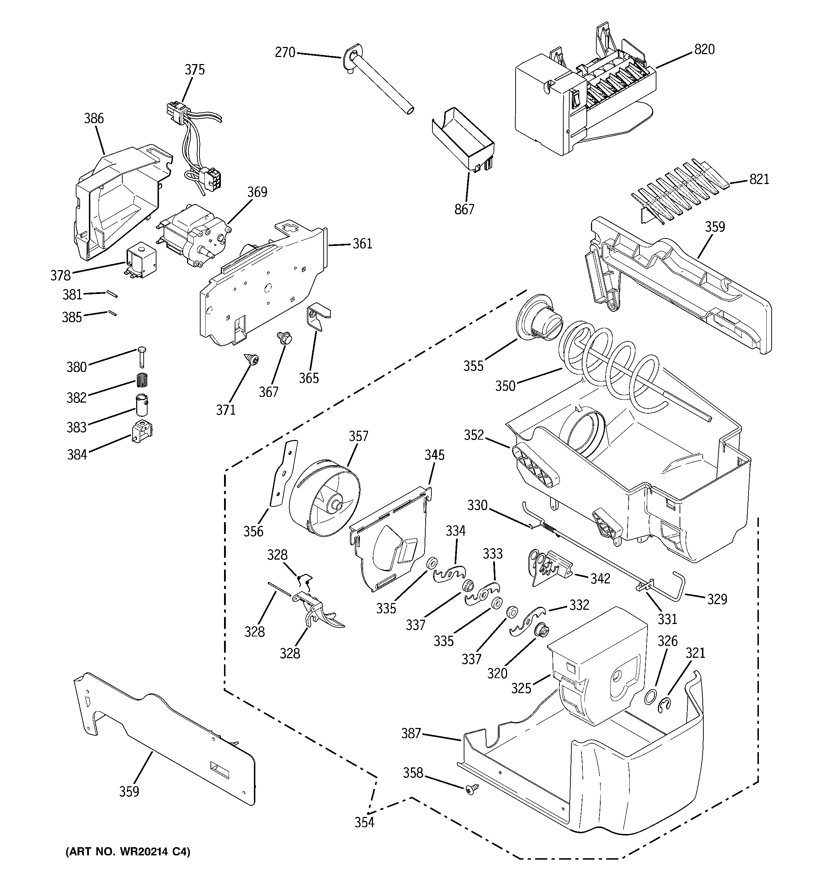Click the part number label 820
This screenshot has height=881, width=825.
(x=704, y=49)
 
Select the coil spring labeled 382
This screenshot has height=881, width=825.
(x=142, y=380)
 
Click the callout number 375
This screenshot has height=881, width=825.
(x=195, y=70)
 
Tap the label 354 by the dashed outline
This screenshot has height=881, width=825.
(x=364, y=823)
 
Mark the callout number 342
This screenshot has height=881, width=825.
(x=600, y=579)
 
